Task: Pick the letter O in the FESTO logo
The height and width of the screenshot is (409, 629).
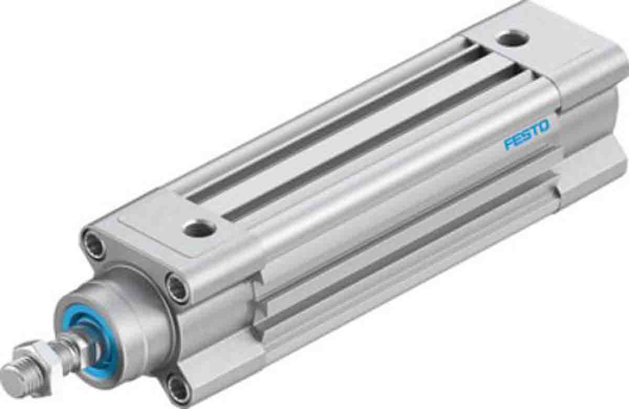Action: [x=544, y=127]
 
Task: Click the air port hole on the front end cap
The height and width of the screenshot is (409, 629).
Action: [x=200, y=228]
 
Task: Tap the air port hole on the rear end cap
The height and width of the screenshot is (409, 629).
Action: [x=508, y=38]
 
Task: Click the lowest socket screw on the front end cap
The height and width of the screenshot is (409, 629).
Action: [x=179, y=390]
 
